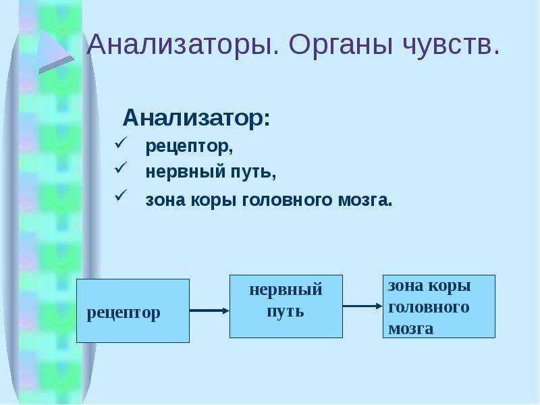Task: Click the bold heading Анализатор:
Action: pos(196,118)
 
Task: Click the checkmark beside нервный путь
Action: pos(121,167)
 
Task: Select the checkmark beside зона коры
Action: pos(121,195)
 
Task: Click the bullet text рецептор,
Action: pos(190,146)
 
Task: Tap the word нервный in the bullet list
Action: pos(185,171)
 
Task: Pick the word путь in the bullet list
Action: pos(253,172)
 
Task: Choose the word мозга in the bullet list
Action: pos(365,200)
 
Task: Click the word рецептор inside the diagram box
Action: pos(124,314)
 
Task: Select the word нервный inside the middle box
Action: pos(286,290)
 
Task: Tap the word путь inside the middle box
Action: pos(286,312)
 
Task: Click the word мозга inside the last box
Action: pos(410,328)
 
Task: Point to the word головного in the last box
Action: pos(429,307)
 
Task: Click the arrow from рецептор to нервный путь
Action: pos(209,310)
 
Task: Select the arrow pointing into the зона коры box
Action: pos(362,306)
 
